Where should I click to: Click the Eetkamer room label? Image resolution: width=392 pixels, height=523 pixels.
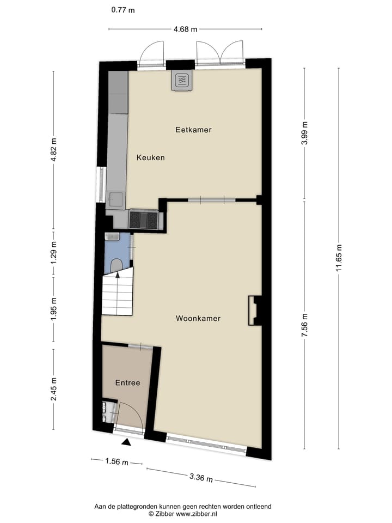(x=193, y=130)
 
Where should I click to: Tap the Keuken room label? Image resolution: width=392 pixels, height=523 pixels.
(x=150, y=157)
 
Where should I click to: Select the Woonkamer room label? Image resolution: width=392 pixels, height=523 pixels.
(x=198, y=318)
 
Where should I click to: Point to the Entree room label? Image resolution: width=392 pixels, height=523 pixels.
(x=127, y=383)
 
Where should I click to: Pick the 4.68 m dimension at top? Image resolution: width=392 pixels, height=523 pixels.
(x=185, y=29)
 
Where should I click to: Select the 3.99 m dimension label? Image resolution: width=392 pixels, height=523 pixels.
(x=305, y=132)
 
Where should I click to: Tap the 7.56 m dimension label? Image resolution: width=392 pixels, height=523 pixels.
(x=305, y=326)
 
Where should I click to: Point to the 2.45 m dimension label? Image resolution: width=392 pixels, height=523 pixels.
(x=53, y=389)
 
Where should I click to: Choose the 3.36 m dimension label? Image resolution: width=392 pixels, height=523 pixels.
(x=200, y=478)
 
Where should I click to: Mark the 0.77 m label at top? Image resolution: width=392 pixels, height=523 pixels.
(x=122, y=10)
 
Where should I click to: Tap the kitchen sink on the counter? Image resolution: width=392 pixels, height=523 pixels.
(x=115, y=197)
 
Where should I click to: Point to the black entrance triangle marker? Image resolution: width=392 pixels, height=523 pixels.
(x=126, y=443)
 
